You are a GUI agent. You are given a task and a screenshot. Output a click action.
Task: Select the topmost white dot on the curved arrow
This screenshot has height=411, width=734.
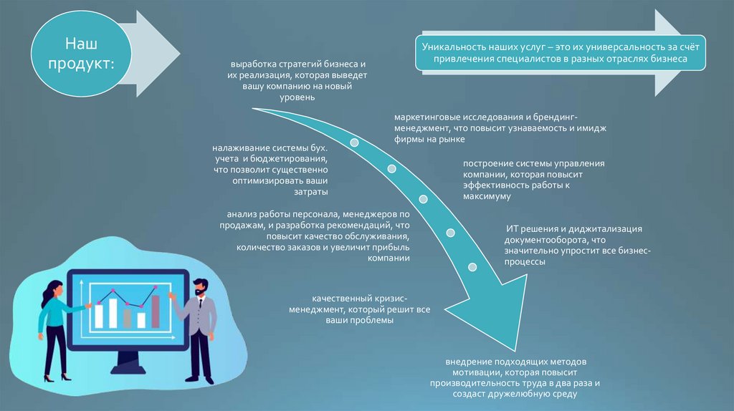[x=354, y=142]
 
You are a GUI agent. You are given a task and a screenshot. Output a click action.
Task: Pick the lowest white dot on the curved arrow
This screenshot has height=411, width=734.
[x=472, y=267]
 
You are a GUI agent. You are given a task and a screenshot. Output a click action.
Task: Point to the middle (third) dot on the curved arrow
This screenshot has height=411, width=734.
[x=423, y=198]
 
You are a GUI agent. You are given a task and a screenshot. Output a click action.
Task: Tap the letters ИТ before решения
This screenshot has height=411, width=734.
[x=513, y=228]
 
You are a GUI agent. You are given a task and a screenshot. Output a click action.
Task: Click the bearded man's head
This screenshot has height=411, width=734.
[x=200, y=288]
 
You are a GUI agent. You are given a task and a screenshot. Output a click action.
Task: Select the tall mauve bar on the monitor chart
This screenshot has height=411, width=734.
[x=155, y=310]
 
